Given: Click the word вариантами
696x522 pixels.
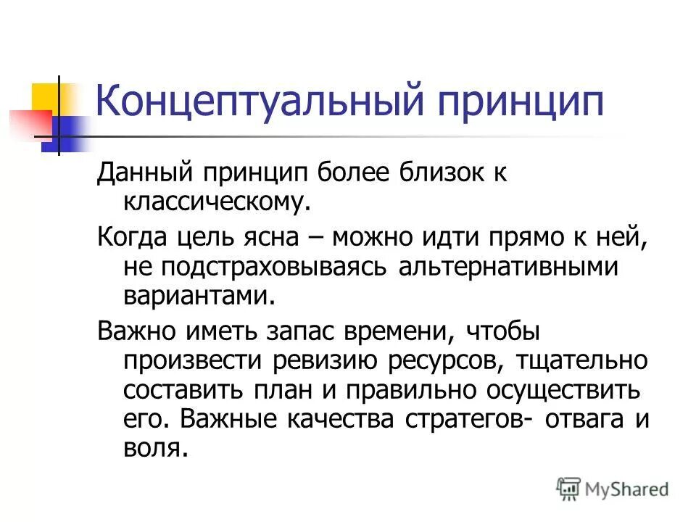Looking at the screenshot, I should tap(200, 296).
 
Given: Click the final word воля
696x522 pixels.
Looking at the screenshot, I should tap(154, 449).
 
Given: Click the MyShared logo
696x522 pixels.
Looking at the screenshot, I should tap(612, 489).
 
